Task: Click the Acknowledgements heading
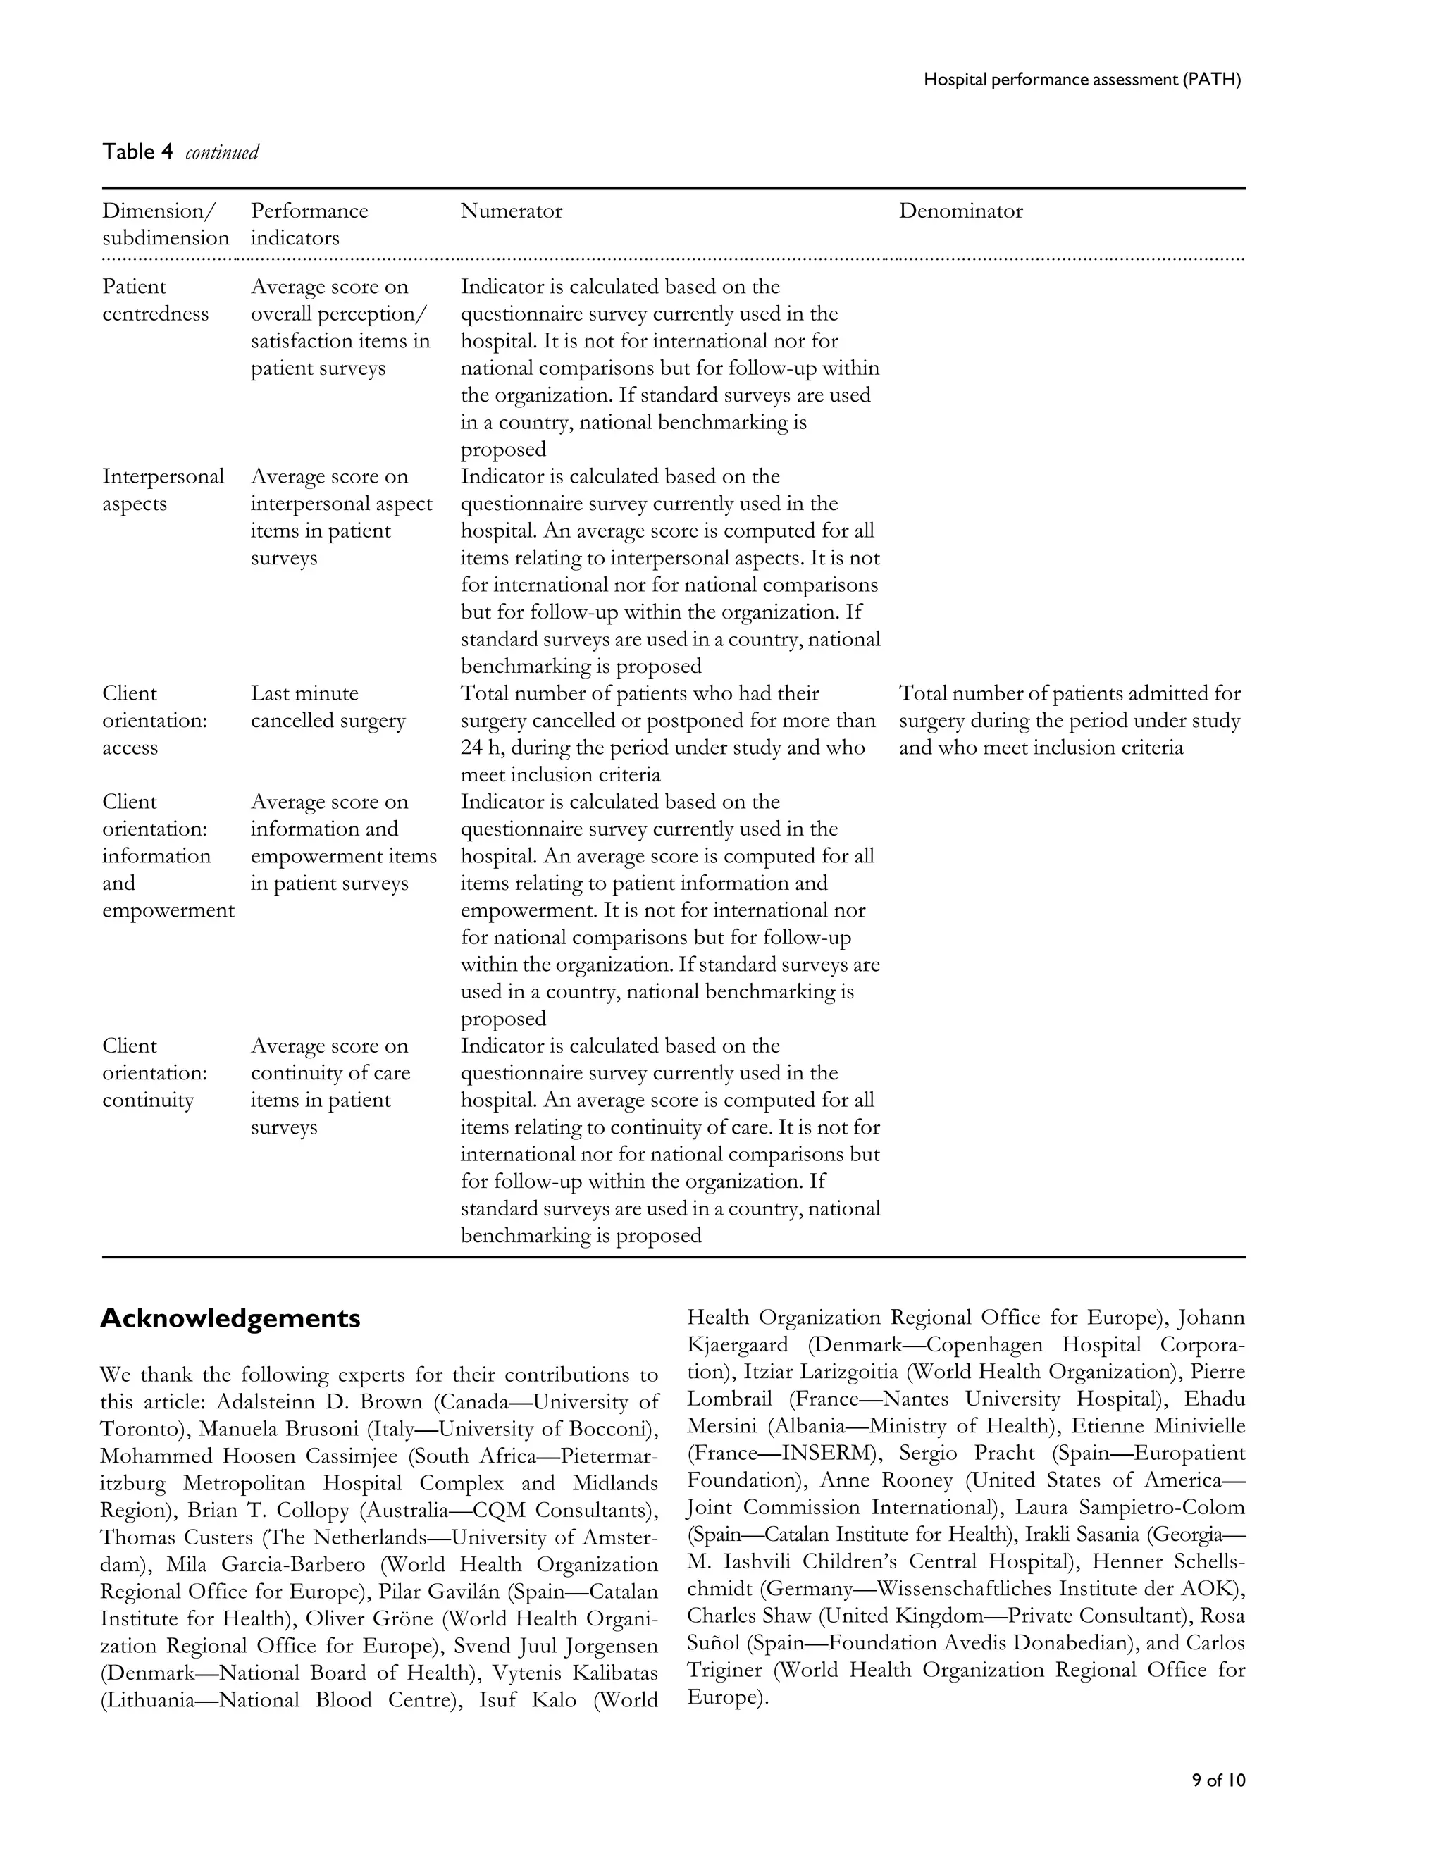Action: click(x=230, y=1318)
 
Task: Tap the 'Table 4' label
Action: click(x=137, y=152)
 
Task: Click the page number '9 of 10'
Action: click(x=1218, y=1780)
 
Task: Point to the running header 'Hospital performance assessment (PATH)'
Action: click(x=1082, y=80)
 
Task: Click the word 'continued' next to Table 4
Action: click(x=221, y=153)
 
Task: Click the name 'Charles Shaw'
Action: click(x=749, y=1616)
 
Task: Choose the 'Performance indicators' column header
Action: click(x=309, y=224)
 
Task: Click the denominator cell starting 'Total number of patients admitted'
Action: click(x=1069, y=720)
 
